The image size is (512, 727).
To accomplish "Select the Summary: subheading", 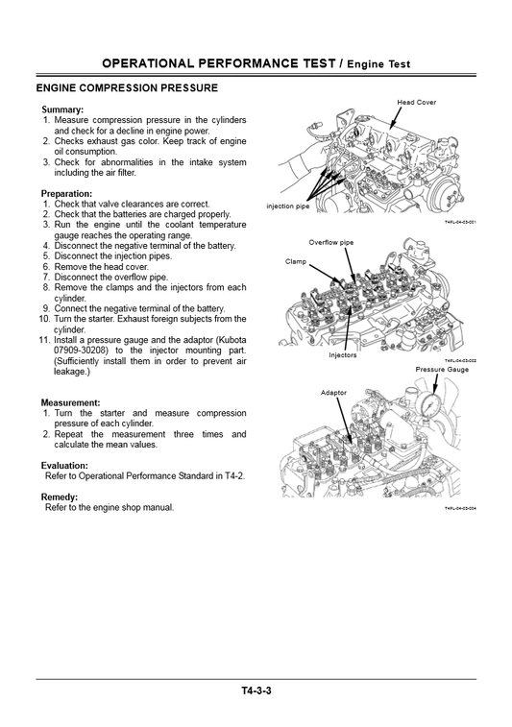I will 62,109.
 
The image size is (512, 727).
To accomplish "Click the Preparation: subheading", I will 67,194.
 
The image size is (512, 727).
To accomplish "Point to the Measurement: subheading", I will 71,402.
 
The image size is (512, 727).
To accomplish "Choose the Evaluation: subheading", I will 65,465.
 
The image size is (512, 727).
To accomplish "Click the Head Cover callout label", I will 416,102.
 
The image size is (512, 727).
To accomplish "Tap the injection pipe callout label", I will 288,206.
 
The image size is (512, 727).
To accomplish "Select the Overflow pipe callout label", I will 330,242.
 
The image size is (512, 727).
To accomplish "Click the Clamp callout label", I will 296,261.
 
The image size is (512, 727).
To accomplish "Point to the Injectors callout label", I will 342,354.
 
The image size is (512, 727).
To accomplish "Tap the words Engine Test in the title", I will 378,64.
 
